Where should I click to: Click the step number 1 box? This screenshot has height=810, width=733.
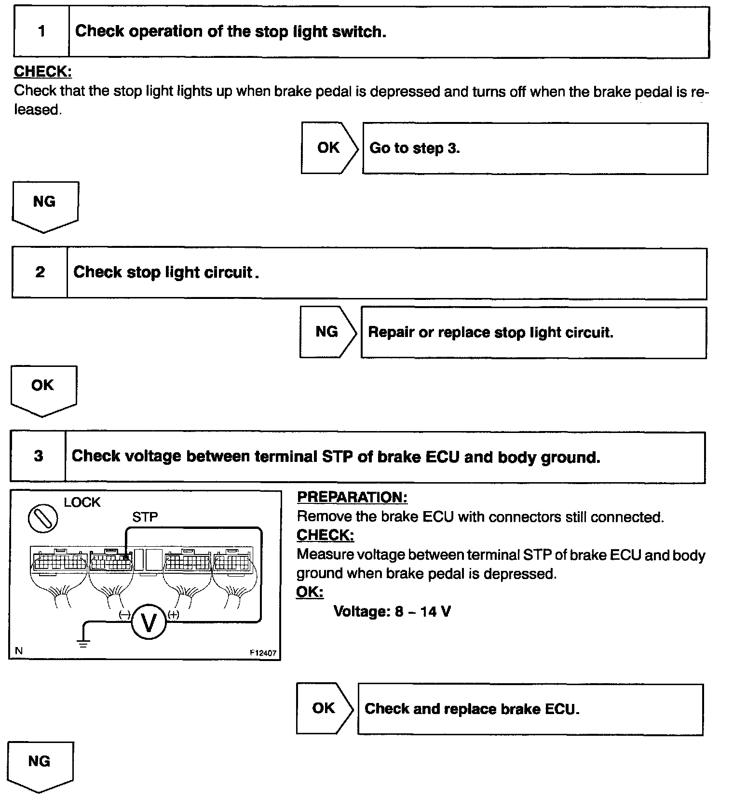(x=41, y=32)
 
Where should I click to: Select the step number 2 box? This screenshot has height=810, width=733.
(x=40, y=272)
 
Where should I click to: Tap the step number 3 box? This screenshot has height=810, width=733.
(x=38, y=456)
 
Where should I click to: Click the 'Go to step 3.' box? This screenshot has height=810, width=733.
(x=535, y=148)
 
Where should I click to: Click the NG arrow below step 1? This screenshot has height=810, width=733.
(x=44, y=205)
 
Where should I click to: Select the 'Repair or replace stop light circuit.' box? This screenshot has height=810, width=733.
(x=533, y=333)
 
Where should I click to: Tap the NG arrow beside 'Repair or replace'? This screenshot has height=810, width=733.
(x=327, y=332)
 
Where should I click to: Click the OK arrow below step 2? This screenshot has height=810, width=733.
(x=43, y=389)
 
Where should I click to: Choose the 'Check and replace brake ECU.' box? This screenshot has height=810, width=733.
(x=530, y=709)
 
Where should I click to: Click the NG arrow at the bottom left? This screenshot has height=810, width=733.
(x=40, y=765)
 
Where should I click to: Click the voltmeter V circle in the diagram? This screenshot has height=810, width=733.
(x=149, y=622)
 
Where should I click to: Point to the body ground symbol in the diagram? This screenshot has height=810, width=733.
(x=83, y=642)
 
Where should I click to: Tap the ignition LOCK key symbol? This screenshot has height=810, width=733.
(x=43, y=519)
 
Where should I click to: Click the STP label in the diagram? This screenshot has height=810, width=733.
(x=145, y=517)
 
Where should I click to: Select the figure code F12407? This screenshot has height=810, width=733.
(x=263, y=653)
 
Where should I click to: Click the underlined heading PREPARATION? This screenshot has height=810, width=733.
(x=352, y=497)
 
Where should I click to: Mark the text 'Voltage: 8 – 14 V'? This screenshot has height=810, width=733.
(x=392, y=612)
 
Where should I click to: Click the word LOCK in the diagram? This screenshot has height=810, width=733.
(x=82, y=502)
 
